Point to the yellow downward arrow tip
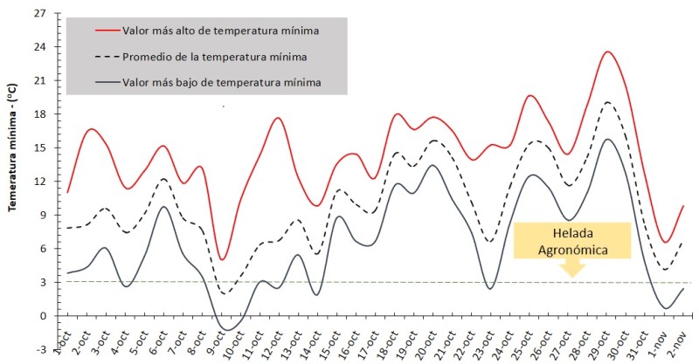572,275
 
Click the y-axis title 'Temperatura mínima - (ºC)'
13,166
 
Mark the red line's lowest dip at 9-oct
224,259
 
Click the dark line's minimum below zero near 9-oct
227,330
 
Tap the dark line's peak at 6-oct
163,207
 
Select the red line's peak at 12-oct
278,118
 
